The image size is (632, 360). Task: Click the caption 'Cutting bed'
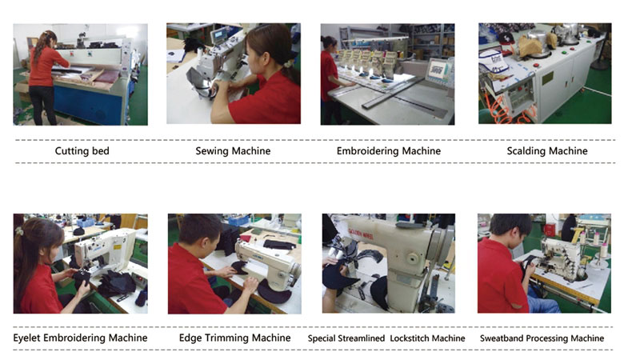tap(82, 151)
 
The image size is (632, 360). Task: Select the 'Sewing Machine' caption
tap(233, 151)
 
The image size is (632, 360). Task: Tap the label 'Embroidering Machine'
tap(389, 151)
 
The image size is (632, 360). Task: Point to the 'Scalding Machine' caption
tap(547, 151)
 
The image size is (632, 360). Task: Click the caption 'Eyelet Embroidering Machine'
tap(80, 338)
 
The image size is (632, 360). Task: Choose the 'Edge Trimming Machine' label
tap(234, 338)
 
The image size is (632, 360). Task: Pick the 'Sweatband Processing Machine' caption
tap(542, 338)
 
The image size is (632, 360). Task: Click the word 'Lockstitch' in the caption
tap(427, 338)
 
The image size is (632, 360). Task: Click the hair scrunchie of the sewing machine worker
tap(288, 63)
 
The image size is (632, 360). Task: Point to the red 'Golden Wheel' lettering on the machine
tap(361, 234)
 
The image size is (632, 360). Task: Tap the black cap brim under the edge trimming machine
tap(274, 291)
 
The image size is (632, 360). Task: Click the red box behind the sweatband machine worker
tap(550, 230)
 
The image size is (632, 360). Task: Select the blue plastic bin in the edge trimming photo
tap(238, 221)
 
